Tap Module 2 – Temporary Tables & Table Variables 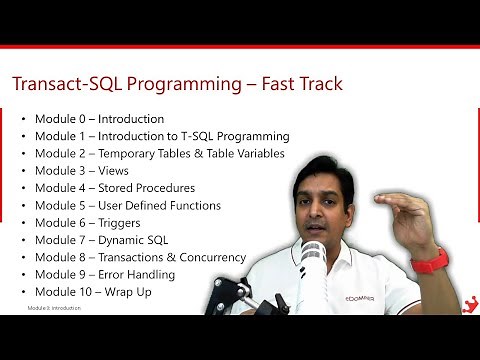159,153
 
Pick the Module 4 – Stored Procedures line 114,188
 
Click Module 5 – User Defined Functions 127,205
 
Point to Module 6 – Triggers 91,222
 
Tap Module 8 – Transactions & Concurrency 140,257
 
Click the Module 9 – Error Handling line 111,274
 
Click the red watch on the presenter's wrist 429,262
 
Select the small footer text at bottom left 54,308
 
